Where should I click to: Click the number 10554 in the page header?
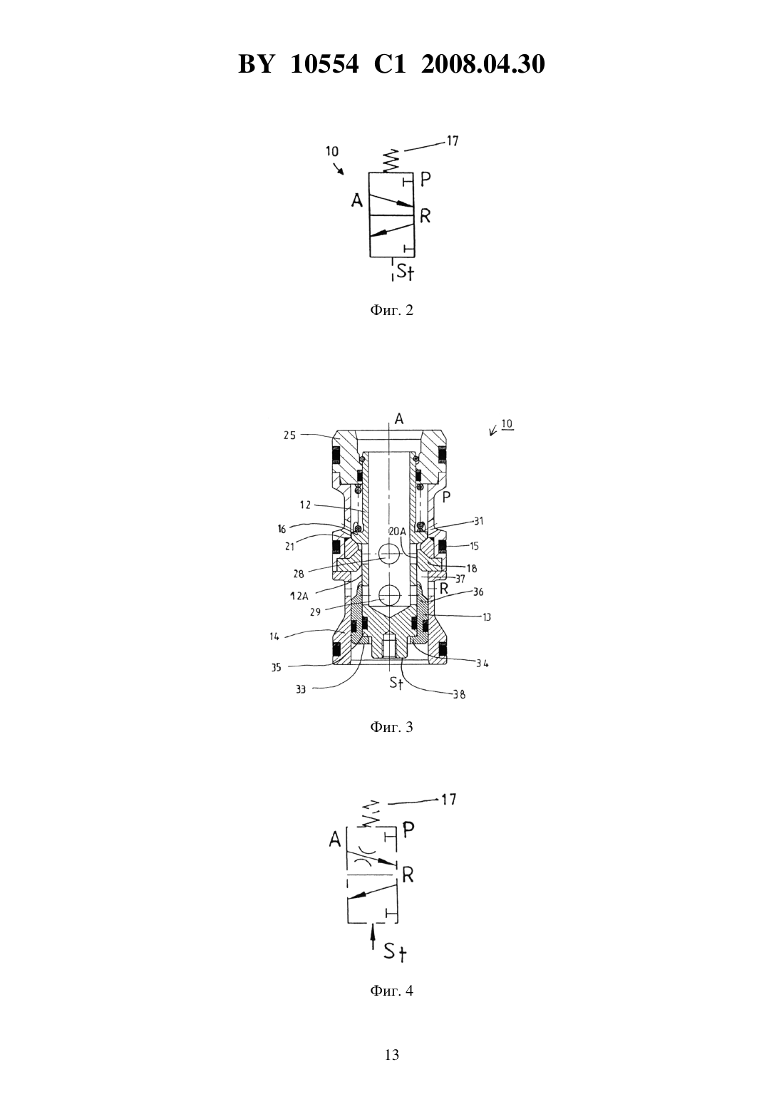(x=324, y=64)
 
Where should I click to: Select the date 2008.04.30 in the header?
(x=483, y=64)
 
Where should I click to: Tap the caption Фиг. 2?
(x=391, y=311)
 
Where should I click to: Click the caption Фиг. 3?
(x=391, y=727)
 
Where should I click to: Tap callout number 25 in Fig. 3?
(x=289, y=435)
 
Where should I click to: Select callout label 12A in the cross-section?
(x=299, y=596)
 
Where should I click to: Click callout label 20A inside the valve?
(x=397, y=531)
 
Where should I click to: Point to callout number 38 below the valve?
(x=459, y=695)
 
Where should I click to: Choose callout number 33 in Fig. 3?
(x=301, y=689)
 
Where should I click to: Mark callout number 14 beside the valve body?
(x=274, y=636)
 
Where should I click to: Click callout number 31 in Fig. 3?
(x=479, y=521)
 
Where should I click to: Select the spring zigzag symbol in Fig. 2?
(x=392, y=160)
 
